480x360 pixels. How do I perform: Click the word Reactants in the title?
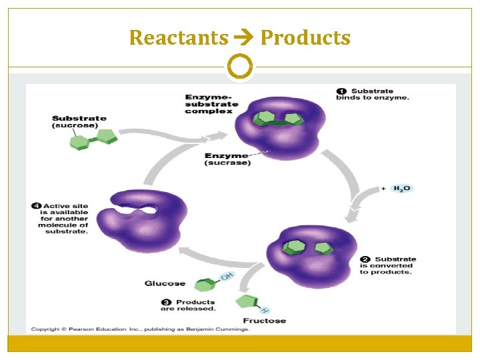[178, 38]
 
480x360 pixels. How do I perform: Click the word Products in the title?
[305, 38]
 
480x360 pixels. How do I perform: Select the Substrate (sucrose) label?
[79, 121]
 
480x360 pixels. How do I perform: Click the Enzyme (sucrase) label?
[227, 159]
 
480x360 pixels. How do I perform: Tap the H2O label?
[402, 189]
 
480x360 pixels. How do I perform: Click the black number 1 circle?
[341, 91]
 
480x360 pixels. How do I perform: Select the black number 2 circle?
[365, 259]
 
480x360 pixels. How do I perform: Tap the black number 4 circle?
[36, 206]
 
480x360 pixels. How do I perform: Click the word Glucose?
[165, 283]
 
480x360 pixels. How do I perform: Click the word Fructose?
[264, 321]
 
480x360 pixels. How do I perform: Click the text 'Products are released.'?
[195, 305]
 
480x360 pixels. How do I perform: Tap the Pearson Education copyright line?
[141, 329]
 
